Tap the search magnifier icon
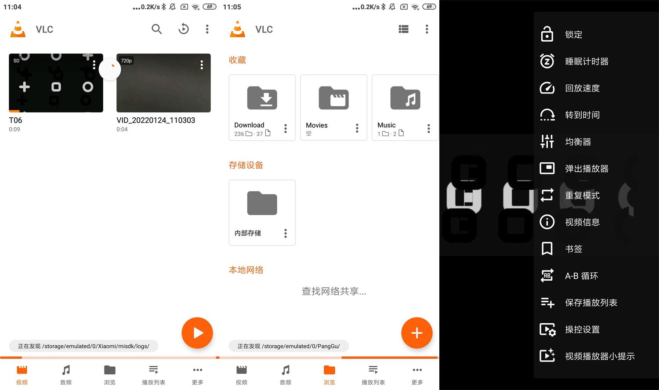[157, 29]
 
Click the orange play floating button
[197, 333]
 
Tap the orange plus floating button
[416, 333]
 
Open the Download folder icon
[262, 98]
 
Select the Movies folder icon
[333, 98]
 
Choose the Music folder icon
[405, 98]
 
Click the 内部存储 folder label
[248, 233]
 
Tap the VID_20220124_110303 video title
[156, 120]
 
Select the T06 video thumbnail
[56, 83]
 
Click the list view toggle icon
[403, 29]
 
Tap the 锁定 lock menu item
[573, 35]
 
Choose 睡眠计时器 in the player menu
[587, 61]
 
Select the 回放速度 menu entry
[582, 88]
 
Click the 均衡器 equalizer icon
[547, 141]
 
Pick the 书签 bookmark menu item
[573, 249]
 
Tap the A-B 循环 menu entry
[581, 276]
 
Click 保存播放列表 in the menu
[591, 303]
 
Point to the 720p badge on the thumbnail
[127, 61]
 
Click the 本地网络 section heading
[246, 270]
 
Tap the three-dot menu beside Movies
[357, 128]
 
